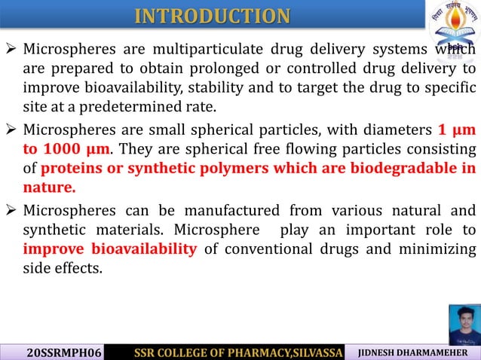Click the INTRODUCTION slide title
(212, 16)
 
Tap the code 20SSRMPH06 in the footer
(57, 352)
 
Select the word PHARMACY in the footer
(246, 352)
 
